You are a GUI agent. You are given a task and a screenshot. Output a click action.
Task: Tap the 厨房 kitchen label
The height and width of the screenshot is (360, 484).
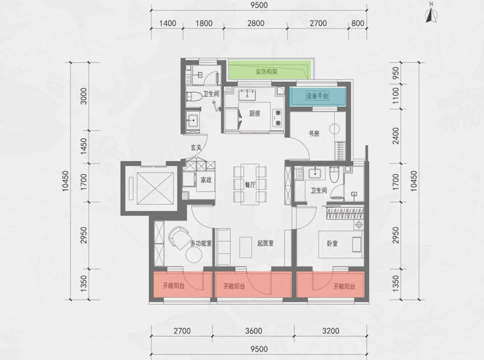255,113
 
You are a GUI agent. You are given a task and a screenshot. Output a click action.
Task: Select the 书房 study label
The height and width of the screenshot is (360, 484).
314,134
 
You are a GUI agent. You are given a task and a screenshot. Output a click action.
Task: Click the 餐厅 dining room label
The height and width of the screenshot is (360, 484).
250,185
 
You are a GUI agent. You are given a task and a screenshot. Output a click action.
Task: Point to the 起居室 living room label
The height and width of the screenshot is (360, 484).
265,243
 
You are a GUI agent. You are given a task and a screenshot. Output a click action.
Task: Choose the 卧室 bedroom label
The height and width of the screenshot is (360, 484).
332,243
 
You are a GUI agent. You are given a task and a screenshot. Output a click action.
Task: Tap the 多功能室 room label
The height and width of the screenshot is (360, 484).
201,243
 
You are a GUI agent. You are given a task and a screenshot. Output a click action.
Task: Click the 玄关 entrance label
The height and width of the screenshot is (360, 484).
196,147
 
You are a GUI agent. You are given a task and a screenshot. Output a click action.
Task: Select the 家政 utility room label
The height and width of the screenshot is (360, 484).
206,180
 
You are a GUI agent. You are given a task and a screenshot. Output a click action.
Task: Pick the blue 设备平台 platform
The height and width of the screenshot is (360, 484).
317,96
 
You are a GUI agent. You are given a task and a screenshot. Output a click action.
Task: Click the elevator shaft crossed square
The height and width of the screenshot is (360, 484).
155,188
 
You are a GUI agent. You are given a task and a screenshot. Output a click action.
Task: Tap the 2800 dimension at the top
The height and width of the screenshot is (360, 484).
256,23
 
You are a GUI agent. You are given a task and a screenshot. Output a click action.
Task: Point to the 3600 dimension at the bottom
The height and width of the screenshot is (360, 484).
253,331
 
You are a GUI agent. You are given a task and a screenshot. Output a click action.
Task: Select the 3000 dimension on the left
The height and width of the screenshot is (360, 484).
84,96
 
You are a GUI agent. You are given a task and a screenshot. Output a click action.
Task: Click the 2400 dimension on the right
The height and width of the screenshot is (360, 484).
395,136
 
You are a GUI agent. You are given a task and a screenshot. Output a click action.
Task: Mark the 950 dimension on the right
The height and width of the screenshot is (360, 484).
395,74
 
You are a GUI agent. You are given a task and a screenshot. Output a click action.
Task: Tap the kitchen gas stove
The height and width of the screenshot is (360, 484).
277,117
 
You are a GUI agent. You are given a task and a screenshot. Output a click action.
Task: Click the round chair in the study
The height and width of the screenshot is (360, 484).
334,129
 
